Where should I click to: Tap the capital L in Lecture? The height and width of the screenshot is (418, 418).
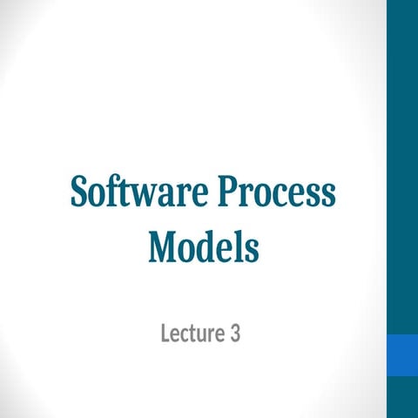click(x=165, y=332)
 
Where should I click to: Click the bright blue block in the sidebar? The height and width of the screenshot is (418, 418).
click(x=402, y=355)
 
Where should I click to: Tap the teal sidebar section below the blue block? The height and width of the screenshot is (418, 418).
click(x=402, y=399)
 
